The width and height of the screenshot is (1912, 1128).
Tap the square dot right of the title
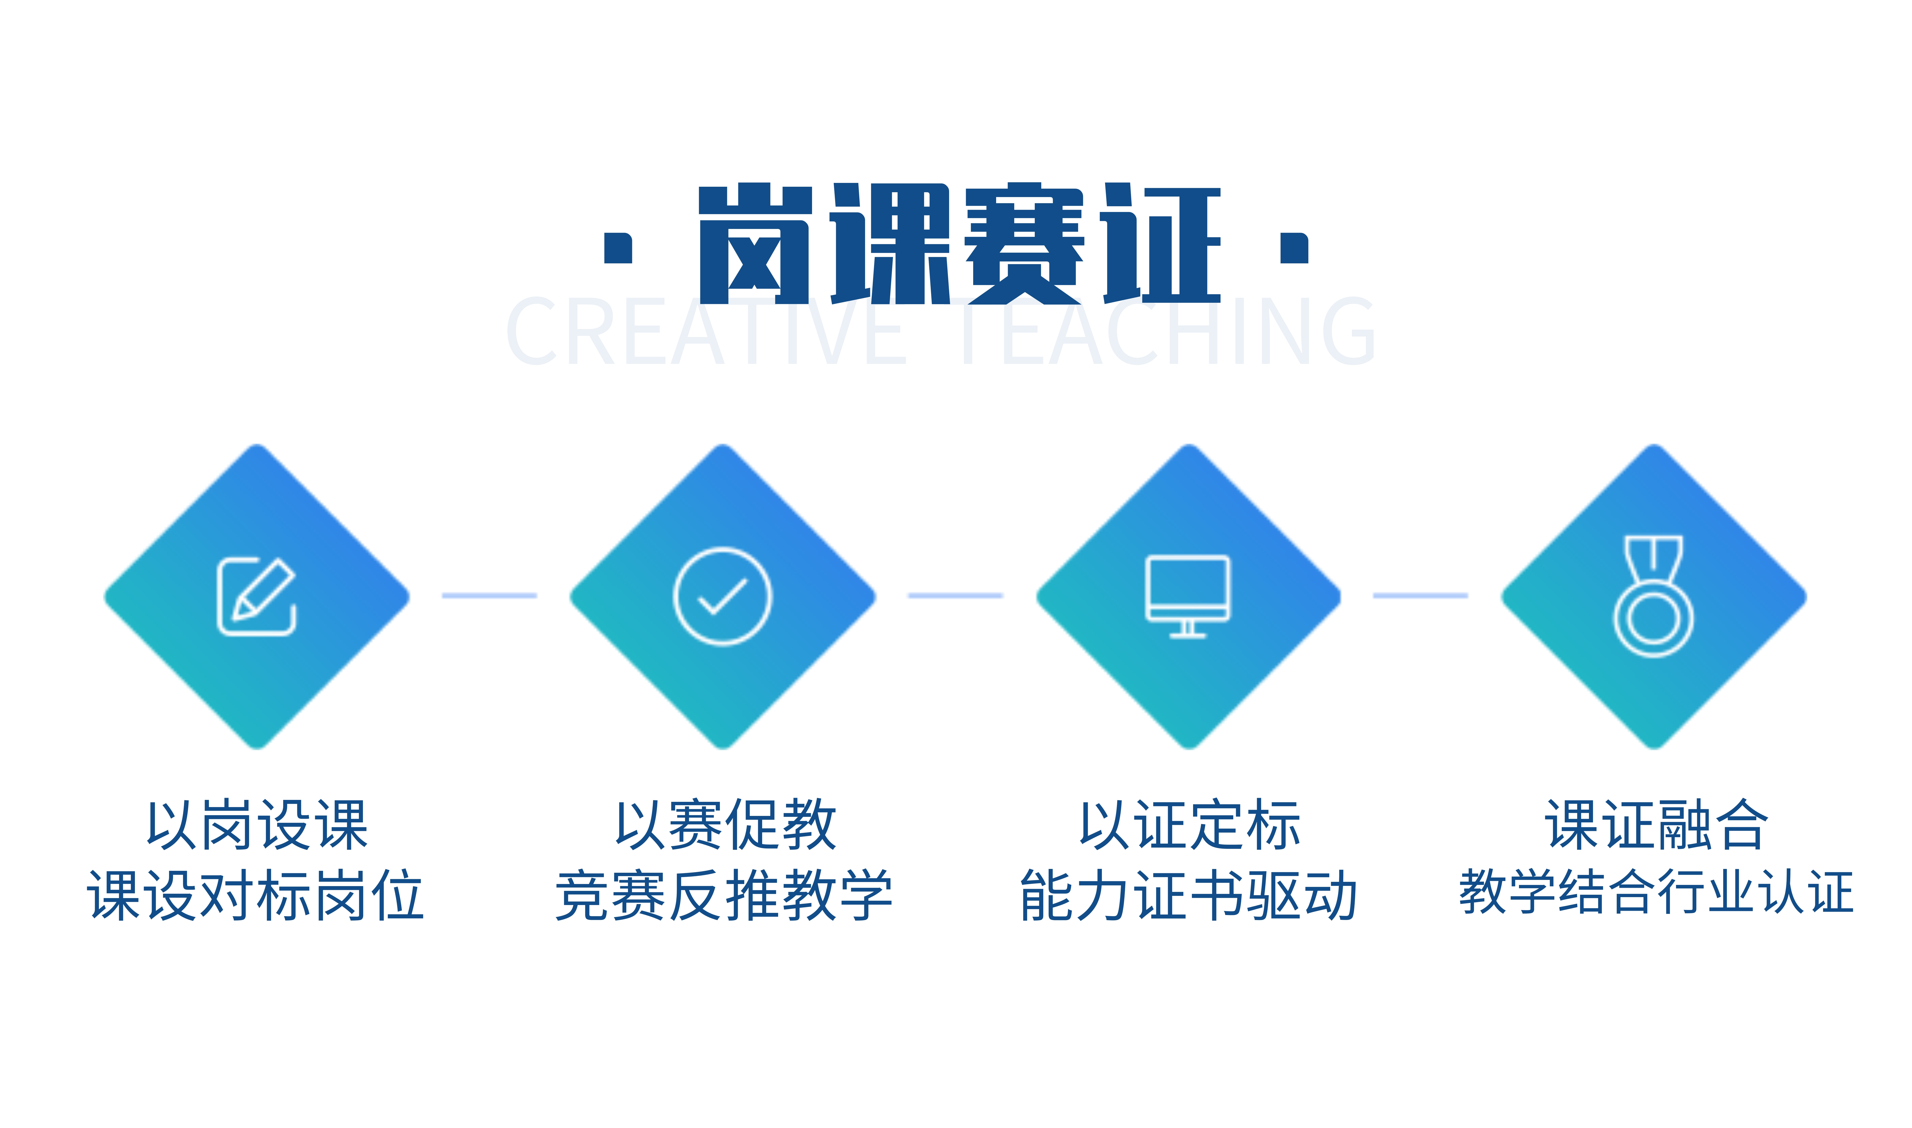click(x=1294, y=248)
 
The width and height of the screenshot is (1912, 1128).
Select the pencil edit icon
click(x=257, y=597)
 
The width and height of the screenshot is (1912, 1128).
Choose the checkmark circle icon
click(x=723, y=597)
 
